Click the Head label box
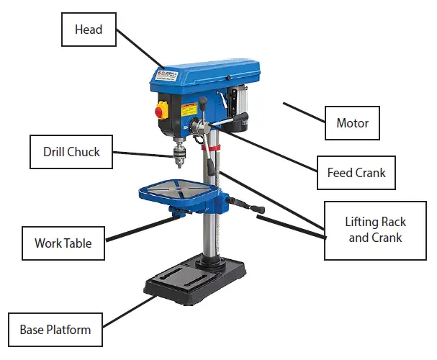(x=89, y=30)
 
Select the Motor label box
(x=352, y=123)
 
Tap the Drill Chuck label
(x=71, y=152)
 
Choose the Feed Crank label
(x=356, y=173)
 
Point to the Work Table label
(x=63, y=243)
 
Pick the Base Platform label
(x=55, y=330)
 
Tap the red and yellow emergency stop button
(x=160, y=110)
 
